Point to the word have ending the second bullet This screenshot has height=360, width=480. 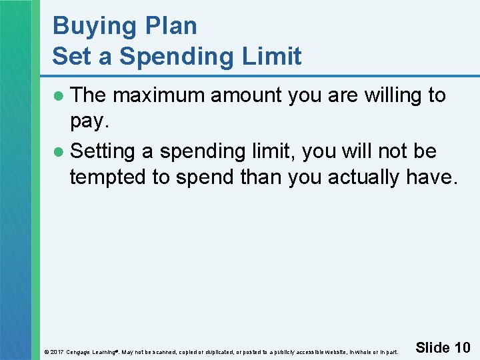coord(433,178)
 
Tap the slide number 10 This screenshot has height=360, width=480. coord(462,347)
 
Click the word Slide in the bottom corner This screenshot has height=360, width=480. coord(432,347)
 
